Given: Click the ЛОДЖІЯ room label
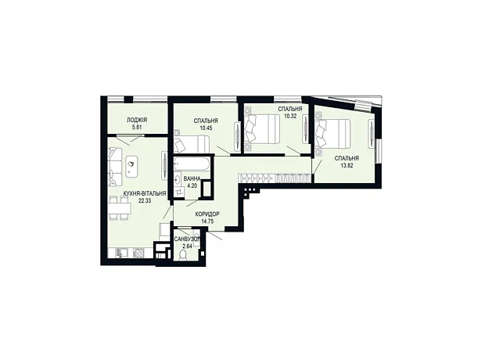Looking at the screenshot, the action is (137, 120).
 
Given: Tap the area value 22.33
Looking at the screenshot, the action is (145, 200).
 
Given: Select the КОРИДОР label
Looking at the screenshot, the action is (207, 214).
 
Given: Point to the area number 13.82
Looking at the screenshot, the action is (347, 165).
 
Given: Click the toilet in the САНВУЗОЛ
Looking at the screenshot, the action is (183, 255).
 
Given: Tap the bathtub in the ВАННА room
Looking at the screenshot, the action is (192, 164).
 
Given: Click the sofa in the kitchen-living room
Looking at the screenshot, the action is (115, 167).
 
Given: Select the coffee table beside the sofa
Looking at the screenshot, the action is (132, 166).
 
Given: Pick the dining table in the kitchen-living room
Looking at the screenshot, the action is (120, 208).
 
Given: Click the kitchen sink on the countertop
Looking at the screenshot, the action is (120, 253).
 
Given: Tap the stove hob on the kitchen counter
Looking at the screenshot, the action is (138, 254).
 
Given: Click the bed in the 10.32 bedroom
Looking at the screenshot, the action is (262, 128).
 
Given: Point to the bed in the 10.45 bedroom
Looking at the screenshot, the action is (192, 145).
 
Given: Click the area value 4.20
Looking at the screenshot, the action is (192, 186).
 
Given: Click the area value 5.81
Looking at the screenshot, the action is (137, 128).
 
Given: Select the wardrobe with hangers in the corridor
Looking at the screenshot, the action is (274, 178).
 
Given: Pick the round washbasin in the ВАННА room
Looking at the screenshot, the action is (178, 179).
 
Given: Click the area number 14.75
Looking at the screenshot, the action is (207, 221).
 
